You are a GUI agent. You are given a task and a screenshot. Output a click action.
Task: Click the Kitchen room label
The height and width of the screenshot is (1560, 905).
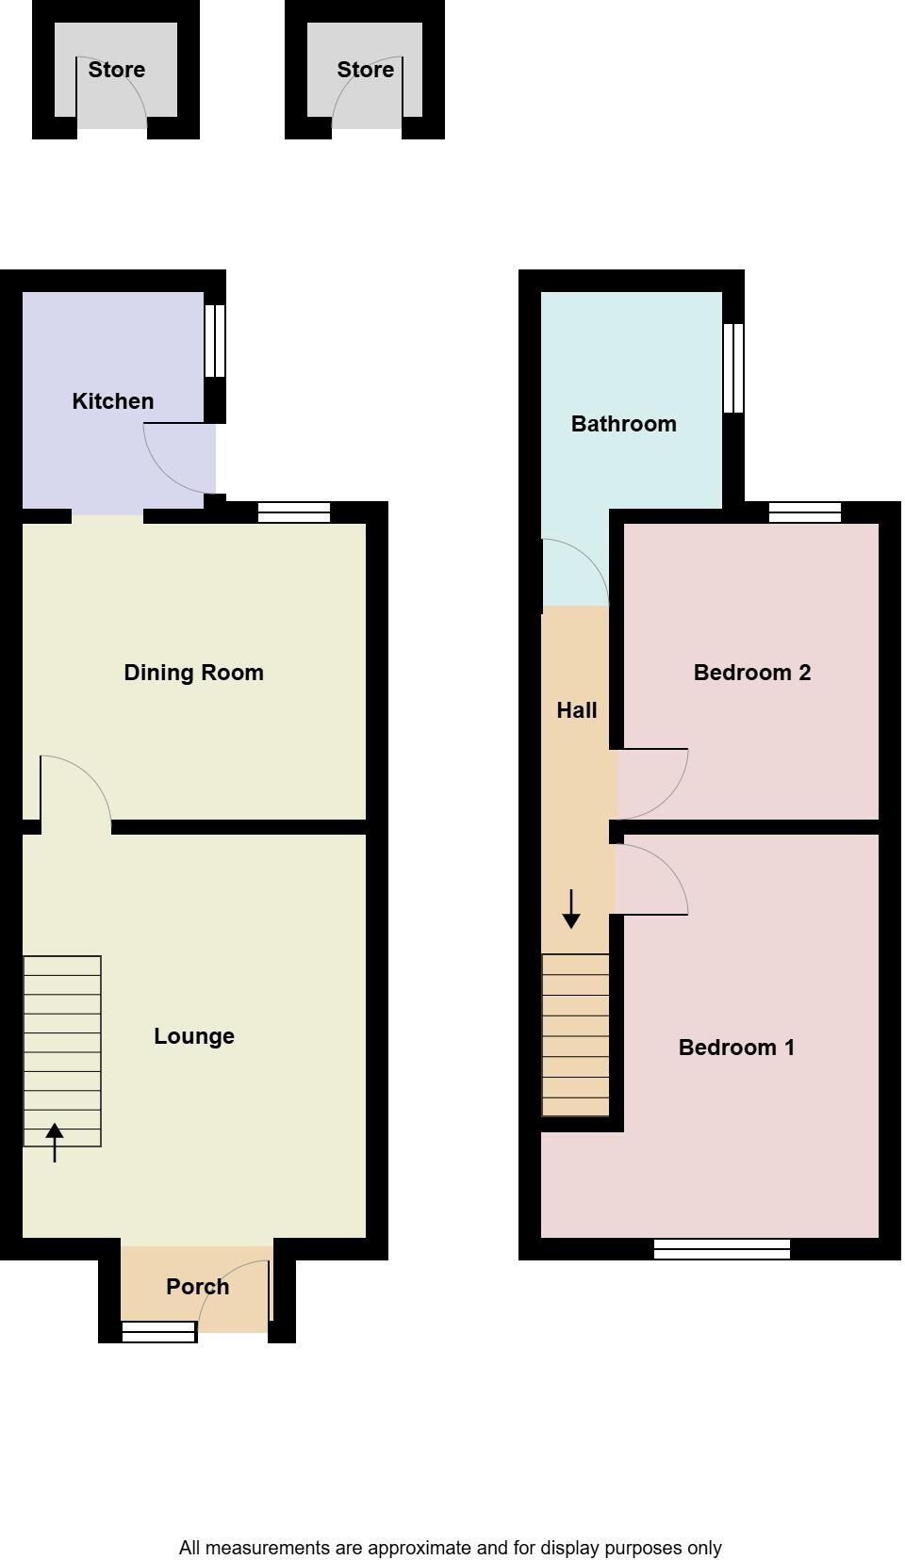[113, 401]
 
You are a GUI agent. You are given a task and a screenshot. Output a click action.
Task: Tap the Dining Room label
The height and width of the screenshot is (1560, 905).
[193, 673]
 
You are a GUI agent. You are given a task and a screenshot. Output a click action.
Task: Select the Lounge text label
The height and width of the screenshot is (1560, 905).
[194, 1036]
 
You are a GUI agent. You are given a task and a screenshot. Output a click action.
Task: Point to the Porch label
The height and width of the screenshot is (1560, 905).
[197, 1287]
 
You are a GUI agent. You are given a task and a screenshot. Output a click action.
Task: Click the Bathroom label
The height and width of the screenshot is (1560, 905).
[624, 424]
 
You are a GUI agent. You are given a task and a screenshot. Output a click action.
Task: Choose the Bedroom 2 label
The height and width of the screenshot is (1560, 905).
[752, 673]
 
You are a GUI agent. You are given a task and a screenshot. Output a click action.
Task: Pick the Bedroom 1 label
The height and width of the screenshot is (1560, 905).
[736, 1048]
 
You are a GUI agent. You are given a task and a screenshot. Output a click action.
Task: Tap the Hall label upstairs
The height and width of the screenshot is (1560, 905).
[577, 710]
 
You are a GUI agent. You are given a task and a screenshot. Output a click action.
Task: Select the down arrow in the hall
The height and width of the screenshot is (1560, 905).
[571, 909]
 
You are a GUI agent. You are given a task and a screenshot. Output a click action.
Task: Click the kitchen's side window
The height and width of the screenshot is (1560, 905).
[215, 340]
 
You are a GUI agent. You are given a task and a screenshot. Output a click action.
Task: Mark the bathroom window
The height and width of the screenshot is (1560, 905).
[733, 368]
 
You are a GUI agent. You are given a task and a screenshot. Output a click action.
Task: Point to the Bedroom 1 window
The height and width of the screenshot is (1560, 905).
[722, 1249]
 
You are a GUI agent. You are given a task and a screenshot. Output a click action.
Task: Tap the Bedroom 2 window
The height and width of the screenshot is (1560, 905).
[805, 512]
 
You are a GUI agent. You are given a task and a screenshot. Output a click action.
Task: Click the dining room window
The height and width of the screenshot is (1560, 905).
[294, 512]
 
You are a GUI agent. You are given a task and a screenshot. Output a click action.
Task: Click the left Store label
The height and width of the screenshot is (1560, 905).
[117, 70]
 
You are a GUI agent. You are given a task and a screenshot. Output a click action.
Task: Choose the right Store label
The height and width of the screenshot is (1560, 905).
[366, 70]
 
